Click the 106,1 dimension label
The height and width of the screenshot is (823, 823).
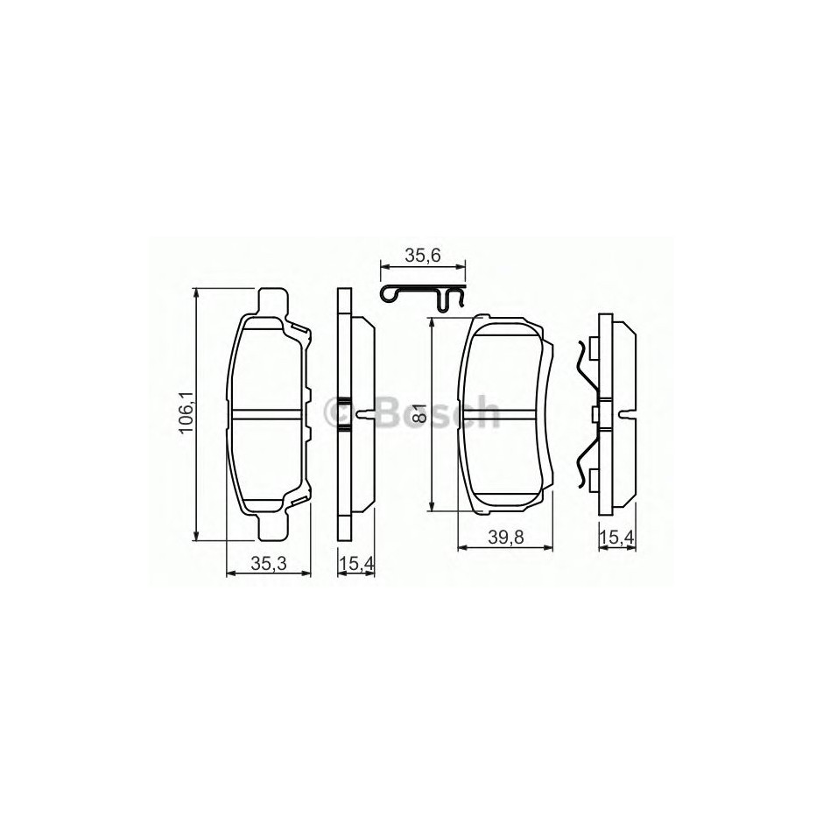point(186,412)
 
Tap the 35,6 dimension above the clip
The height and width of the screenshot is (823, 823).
point(423,256)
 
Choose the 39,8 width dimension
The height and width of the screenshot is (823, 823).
point(506,538)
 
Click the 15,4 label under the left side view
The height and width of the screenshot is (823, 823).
point(355,564)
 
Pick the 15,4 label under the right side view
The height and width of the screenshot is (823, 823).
point(618,538)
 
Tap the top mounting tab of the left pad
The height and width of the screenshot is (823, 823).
point(273,303)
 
